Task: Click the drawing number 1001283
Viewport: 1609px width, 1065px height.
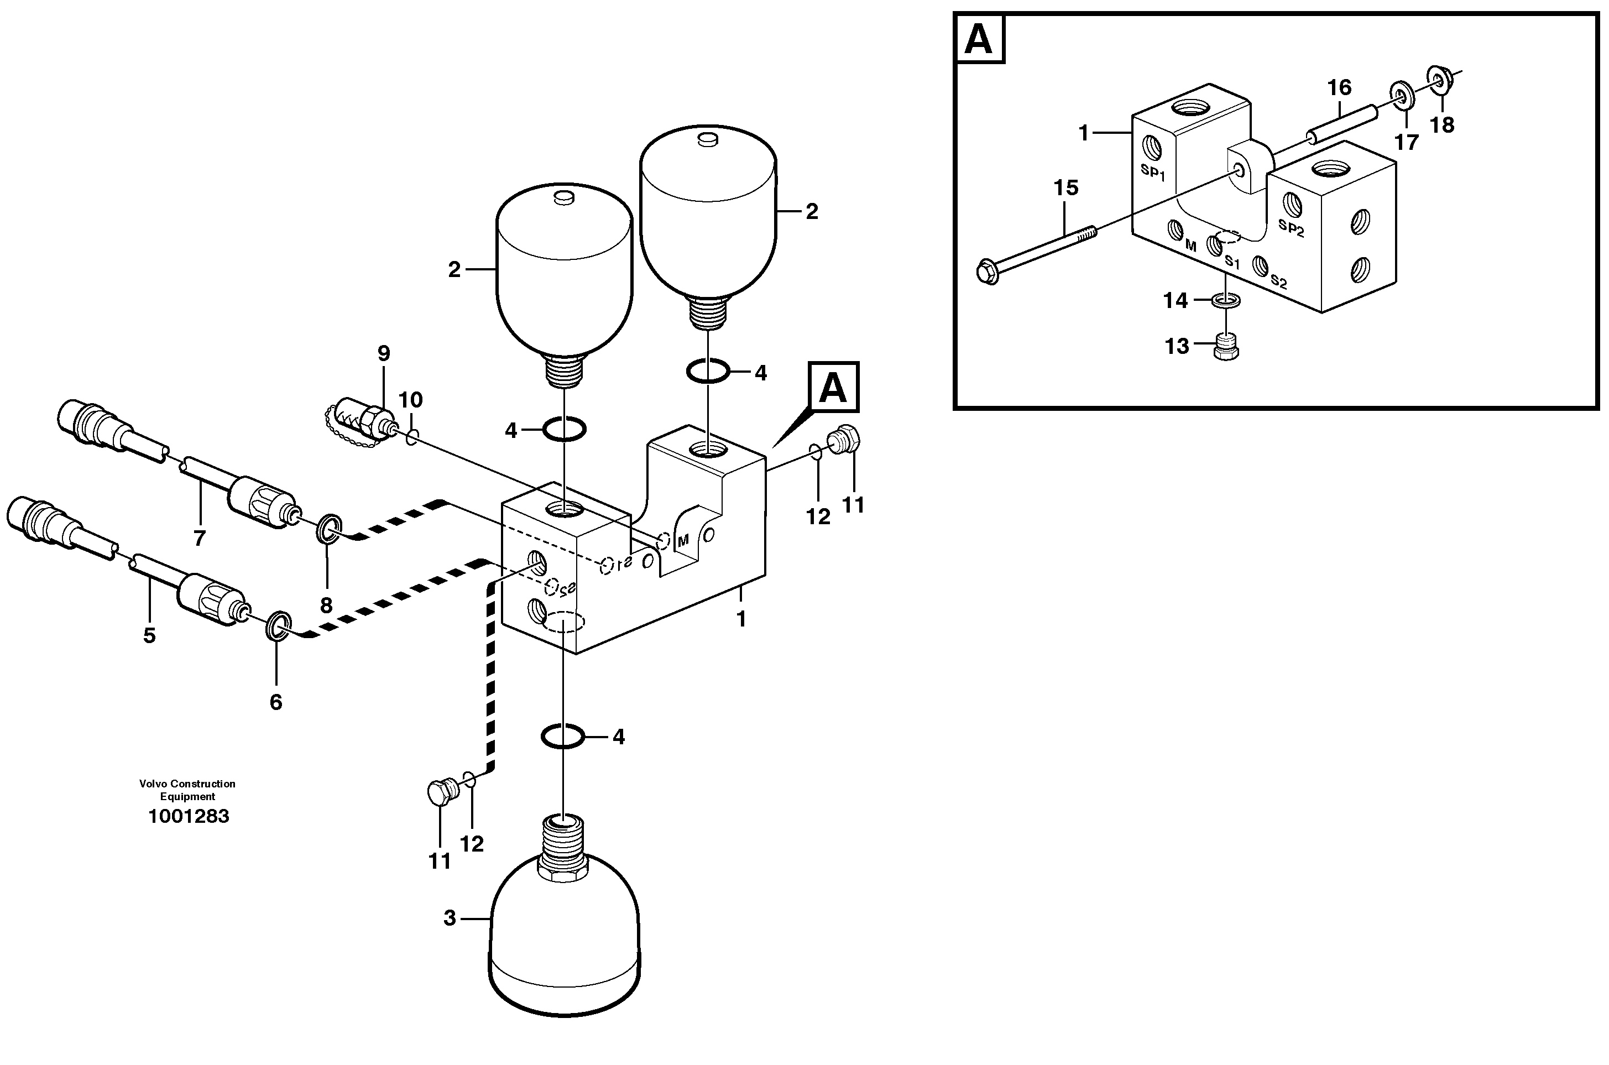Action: pyautogui.click(x=188, y=816)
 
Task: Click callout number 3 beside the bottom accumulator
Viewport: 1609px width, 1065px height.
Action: pyautogui.click(x=450, y=918)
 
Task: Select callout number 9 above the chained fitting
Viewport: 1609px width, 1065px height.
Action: pyautogui.click(x=384, y=353)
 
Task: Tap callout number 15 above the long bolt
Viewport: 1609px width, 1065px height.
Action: pyautogui.click(x=1065, y=188)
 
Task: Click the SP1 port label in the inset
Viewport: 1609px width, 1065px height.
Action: pyautogui.click(x=1153, y=172)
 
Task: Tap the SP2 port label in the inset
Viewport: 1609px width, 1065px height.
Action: pyautogui.click(x=1291, y=228)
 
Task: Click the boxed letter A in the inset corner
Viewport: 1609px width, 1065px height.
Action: pyautogui.click(x=979, y=39)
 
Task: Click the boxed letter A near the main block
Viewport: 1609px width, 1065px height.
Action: pyautogui.click(x=833, y=387)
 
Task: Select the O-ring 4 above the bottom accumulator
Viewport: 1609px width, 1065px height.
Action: pyautogui.click(x=562, y=736)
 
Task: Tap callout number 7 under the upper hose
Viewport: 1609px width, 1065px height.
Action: pyautogui.click(x=199, y=539)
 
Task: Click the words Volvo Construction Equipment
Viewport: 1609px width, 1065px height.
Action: pyautogui.click(x=187, y=790)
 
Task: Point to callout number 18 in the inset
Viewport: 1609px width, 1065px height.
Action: pyautogui.click(x=1442, y=125)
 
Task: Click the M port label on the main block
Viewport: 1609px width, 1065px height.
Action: pyautogui.click(x=683, y=541)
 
